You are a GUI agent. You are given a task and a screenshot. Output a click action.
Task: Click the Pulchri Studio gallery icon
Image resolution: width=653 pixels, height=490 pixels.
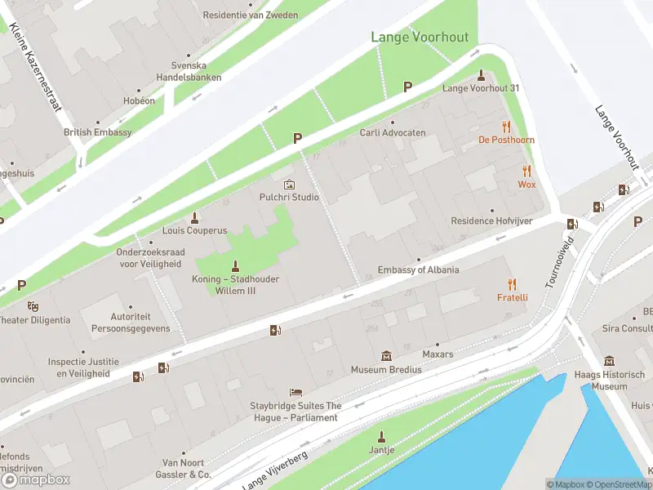point(289,185)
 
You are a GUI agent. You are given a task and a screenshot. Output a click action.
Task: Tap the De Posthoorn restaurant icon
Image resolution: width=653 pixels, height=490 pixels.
point(506,127)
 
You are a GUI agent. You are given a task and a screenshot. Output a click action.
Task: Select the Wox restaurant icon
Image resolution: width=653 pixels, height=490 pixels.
point(526,171)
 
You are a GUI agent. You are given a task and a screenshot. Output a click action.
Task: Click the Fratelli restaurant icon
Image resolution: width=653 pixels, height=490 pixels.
point(513,284)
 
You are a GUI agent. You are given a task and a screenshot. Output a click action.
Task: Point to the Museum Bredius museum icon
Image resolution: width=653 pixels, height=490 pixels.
point(386,356)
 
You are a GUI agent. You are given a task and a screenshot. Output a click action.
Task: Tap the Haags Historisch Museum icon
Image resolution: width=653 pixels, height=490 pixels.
point(609,362)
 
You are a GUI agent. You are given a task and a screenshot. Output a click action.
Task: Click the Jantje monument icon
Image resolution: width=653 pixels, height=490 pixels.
point(380,436)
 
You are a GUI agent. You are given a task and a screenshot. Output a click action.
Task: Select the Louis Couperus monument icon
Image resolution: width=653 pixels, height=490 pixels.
point(194,217)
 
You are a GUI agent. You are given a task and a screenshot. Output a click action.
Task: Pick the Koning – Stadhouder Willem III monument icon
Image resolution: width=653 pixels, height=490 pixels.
point(236,265)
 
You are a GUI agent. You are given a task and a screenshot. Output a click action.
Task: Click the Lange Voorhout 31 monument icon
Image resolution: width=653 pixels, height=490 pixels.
point(481,74)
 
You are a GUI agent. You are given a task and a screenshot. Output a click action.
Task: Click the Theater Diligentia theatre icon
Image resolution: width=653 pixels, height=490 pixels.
point(33,306)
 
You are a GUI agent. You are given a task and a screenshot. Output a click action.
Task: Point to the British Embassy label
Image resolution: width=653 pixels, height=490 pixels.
point(97,132)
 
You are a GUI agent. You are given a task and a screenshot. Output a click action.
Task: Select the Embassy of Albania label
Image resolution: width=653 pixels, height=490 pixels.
point(418,270)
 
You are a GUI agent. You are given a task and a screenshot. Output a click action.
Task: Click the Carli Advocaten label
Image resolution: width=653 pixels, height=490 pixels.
point(393,132)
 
